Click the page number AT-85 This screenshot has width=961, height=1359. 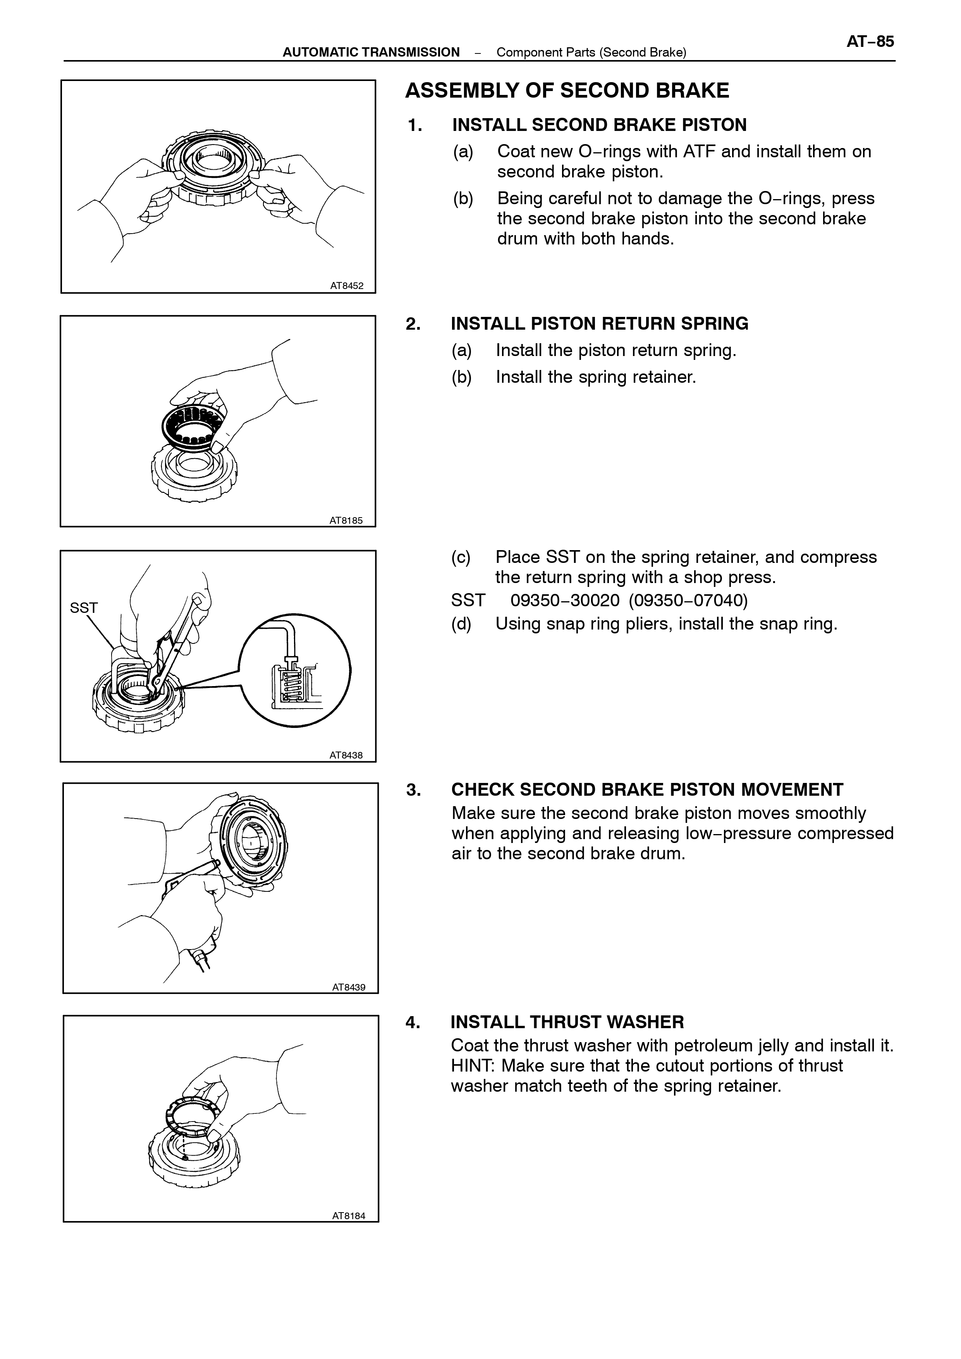pos(870,42)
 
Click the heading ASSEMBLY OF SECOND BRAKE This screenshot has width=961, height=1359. pos(567,91)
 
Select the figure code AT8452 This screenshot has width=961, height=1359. pos(347,286)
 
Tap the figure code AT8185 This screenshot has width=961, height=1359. pos(346,521)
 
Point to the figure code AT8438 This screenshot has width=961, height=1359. pos(346,755)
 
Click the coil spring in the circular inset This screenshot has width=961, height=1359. pos(292,684)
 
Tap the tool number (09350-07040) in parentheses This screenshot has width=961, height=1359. pos(688,601)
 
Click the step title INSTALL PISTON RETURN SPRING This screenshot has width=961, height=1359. pos(600,324)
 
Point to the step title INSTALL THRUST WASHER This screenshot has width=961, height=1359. pos(567,1022)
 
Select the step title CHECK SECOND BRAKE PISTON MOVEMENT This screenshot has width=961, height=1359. pos(647,790)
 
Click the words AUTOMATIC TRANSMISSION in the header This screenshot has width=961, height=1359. pos(371,52)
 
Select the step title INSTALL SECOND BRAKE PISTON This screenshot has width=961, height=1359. pos(600,125)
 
